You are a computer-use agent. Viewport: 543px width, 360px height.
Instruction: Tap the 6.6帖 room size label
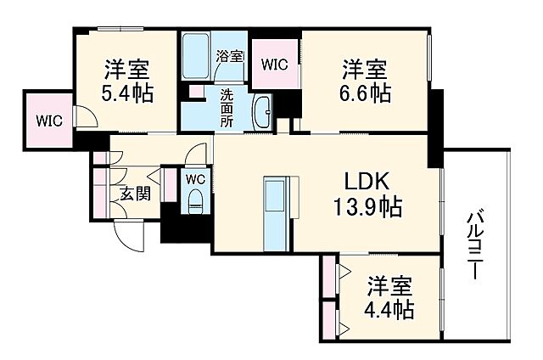point(367,93)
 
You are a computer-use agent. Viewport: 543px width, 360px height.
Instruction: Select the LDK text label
point(367,181)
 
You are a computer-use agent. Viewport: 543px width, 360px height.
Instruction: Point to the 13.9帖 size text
point(367,205)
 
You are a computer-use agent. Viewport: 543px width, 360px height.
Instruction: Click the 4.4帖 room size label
point(390,308)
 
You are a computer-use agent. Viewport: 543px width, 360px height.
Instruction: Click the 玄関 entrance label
point(134,194)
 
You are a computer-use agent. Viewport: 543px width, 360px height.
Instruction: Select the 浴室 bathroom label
point(229,57)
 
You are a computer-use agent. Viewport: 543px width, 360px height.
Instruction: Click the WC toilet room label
point(195,179)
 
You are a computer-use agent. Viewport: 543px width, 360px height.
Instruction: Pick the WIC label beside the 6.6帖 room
point(274,62)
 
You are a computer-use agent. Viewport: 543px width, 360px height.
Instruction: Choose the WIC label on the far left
point(48,120)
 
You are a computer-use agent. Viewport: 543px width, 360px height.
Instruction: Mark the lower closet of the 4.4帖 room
point(330,321)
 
